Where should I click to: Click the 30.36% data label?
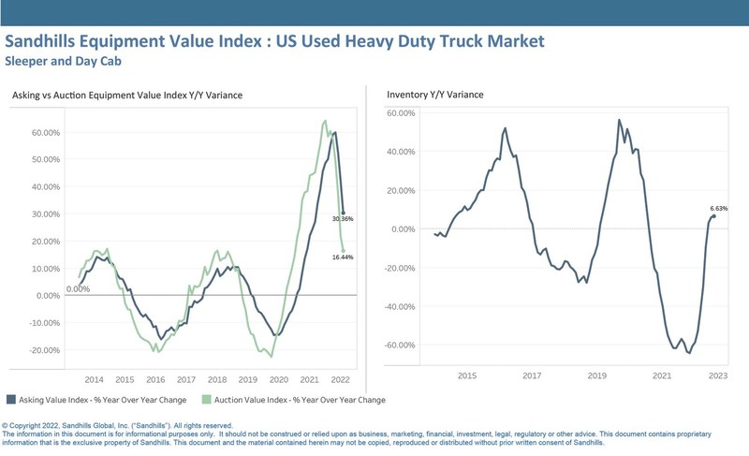point(343,219)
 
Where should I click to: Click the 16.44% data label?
point(343,257)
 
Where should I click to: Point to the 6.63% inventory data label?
point(719,208)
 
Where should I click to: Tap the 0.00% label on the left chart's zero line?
point(78,289)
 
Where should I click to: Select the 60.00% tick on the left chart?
point(45,133)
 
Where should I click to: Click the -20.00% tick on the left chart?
point(44,350)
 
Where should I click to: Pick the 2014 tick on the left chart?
point(94,380)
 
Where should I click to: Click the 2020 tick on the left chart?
point(279,380)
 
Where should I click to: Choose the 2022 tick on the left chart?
point(341,380)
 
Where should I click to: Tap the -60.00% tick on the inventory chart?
point(400,345)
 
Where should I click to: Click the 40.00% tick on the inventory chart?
point(402,152)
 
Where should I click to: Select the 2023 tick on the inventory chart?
point(718,375)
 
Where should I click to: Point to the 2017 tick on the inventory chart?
point(532,375)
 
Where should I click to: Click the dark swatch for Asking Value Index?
point(10,400)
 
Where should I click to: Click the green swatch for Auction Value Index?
point(205,400)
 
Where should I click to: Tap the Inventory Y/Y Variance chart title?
point(435,95)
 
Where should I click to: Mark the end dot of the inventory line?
point(714,216)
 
